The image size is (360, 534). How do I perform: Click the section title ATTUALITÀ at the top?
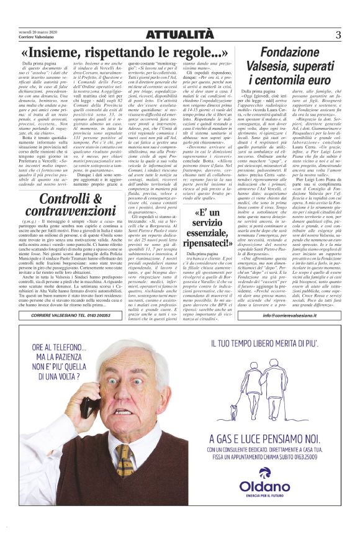[179, 34]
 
